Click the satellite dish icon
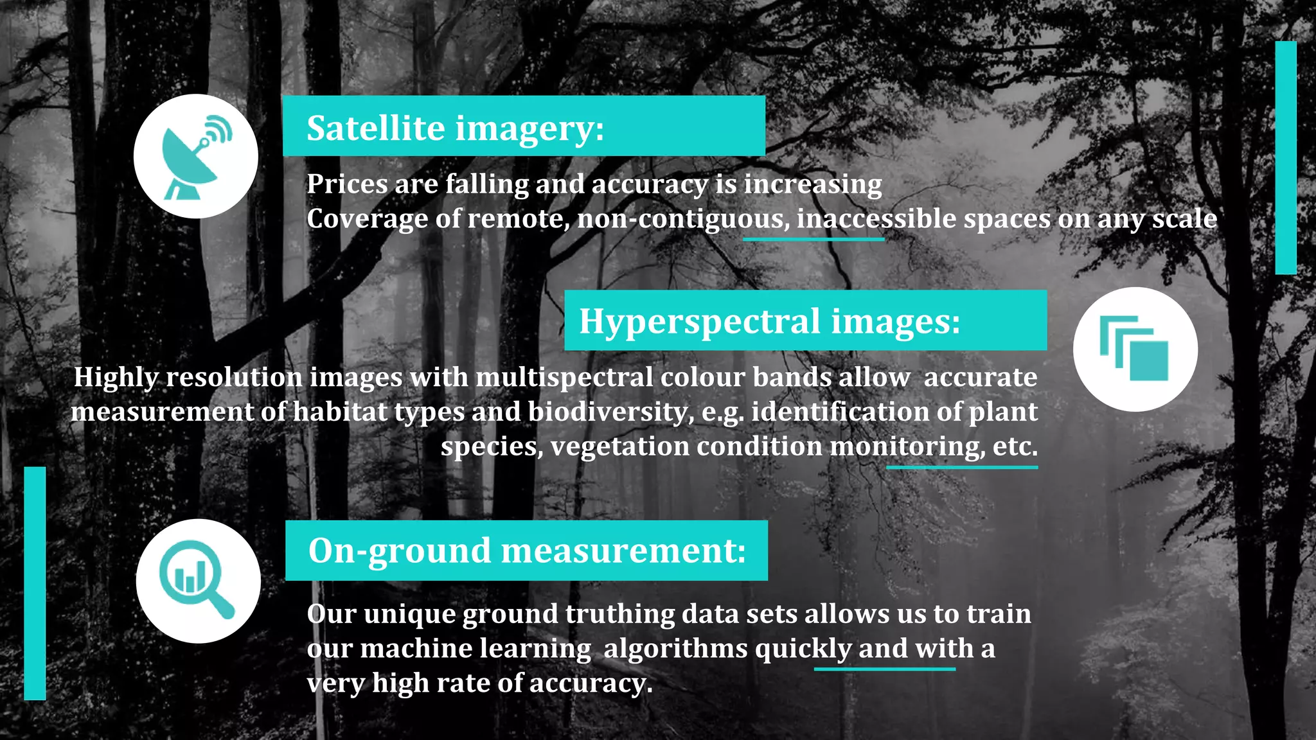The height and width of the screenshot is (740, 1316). pyautogui.click(x=195, y=156)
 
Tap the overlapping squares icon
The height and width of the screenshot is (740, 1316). pyautogui.click(x=1135, y=349)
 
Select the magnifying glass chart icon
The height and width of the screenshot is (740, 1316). pyautogui.click(x=197, y=580)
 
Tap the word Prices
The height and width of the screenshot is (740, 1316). pyautogui.click(x=347, y=184)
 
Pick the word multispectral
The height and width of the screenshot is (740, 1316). pyautogui.click(x=564, y=377)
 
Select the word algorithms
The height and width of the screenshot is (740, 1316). pyautogui.click(x=675, y=649)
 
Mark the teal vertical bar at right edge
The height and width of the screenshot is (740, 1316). pyautogui.click(x=1286, y=157)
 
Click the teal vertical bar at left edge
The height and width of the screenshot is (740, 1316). pyautogui.click(x=35, y=583)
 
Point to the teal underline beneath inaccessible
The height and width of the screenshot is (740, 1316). pyautogui.click(x=814, y=239)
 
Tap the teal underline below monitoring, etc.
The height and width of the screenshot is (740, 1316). pyautogui.click(x=961, y=467)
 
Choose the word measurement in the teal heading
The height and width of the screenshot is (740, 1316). pyautogui.click(x=623, y=551)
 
